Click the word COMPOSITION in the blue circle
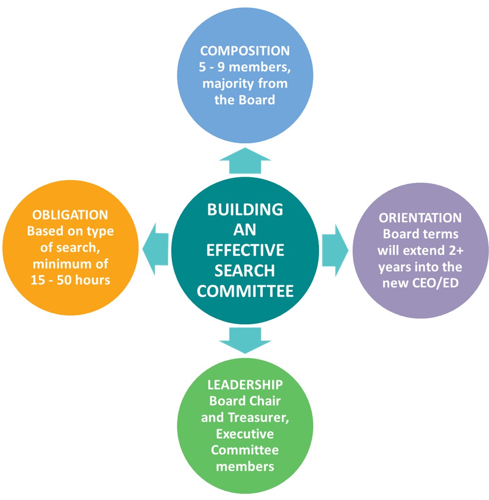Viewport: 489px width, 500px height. [245, 51]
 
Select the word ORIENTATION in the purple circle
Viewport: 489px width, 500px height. [420, 218]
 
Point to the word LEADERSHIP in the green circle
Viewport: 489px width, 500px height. [245, 384]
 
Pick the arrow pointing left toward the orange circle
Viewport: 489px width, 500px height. [156, 249]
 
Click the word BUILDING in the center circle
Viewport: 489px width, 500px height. [245, 209]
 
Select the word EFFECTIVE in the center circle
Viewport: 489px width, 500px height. [245, 250]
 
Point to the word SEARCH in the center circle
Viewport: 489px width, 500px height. [245, 270]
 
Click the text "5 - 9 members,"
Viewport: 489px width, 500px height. [245, 67]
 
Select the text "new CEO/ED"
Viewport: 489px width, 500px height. [420, 283]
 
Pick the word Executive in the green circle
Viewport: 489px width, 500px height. [245, 434]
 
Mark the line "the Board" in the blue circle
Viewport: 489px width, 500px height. [245, 100]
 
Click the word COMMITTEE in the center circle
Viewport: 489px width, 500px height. [245, 291]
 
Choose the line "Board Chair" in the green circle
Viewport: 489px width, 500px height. [245, 401]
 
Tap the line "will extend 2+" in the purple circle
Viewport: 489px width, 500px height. [420, 250]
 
